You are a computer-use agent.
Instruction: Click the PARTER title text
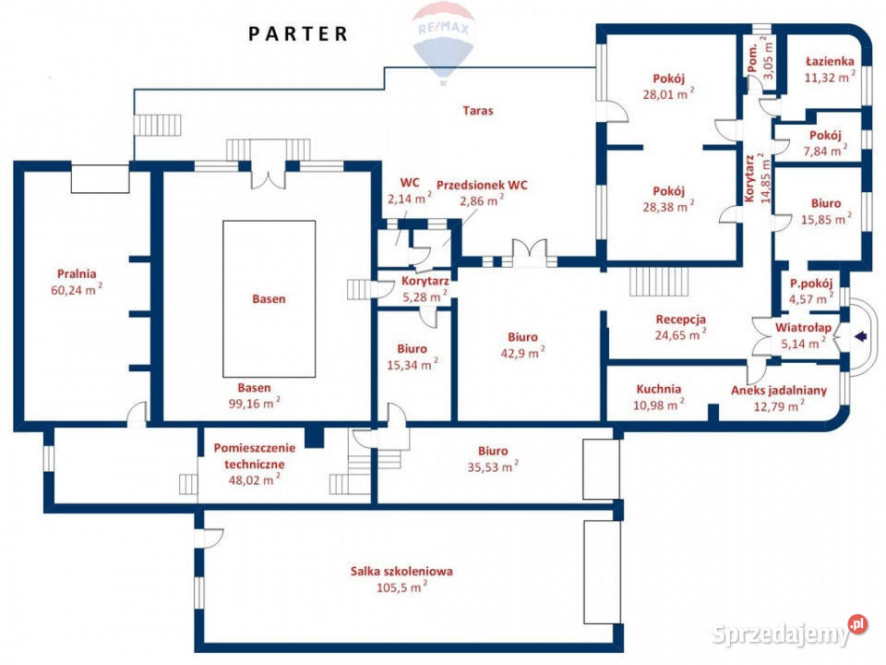click(298, 34)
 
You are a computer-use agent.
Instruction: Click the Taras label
click(477, 111)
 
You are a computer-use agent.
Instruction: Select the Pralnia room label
click(77, 273)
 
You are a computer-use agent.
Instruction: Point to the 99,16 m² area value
click(255, 404)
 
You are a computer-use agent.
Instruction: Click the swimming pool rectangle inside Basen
click(269, 298)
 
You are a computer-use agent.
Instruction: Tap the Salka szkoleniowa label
click(401, 571)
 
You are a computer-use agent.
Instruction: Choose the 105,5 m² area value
click(401, 587)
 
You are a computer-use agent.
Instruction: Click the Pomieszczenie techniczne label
click(255, 455)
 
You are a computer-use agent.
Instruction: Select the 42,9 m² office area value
click(522, 353)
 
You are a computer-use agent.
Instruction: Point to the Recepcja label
click(680, 320)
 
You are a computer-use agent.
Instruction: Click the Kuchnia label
click(658, 389)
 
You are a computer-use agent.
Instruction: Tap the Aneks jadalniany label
click(779, 390)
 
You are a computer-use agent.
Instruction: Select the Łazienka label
click(830, 61)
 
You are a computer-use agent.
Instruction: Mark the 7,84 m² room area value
click(825, 151)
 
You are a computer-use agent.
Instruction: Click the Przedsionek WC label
click(482, 185)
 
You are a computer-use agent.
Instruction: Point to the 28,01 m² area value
click(668, 94)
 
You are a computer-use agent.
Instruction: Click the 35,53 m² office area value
click(493, 466)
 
